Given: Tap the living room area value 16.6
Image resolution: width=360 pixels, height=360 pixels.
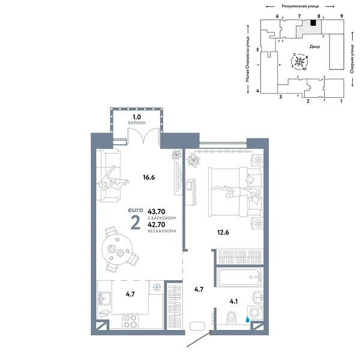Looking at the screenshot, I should tap(141, 178).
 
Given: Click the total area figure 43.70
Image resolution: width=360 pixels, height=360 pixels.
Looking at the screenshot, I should tap(157, 211).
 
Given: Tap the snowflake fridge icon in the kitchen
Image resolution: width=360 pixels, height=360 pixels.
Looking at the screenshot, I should tap(157, 287).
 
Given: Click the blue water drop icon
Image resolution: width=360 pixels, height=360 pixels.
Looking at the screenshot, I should tap(247, 320).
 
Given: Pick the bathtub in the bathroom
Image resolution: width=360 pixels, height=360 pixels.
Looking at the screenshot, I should tap(239, 279).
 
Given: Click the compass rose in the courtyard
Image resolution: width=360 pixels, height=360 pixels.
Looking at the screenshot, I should tap(302, 61).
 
